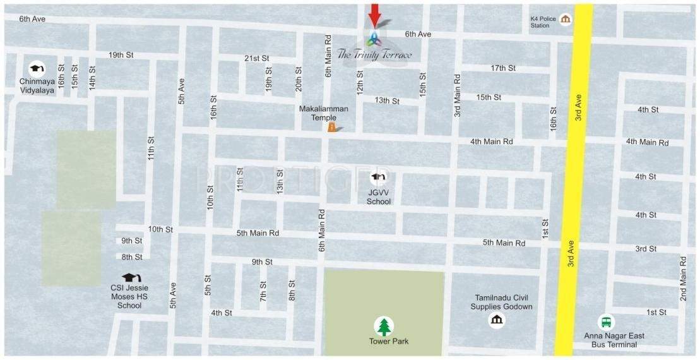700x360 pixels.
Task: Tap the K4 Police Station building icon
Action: [565, 20]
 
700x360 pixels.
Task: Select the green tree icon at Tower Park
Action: [384, 326]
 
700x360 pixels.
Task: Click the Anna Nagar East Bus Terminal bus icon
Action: [606, 321]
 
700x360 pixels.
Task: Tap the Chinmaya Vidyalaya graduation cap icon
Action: [37, 68]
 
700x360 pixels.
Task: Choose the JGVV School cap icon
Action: [379, 177]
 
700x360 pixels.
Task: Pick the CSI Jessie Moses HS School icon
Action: [130, 278]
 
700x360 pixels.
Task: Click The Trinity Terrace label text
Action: [375, 54]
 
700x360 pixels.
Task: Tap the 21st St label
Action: [257, 58]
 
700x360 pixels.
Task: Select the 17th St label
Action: [503, 68]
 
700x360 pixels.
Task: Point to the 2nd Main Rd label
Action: [683, 277]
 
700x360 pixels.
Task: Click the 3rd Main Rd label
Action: [457, 95]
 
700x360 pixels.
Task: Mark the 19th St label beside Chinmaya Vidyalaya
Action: [121, 55]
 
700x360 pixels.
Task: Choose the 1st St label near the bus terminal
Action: [656, 312]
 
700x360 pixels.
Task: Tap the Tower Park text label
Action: [389, 342]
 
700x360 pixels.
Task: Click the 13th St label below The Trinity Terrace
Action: [387, 100]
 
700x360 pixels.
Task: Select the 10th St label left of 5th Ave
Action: [160, 229]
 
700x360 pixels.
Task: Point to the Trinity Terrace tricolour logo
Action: [374, 39]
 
